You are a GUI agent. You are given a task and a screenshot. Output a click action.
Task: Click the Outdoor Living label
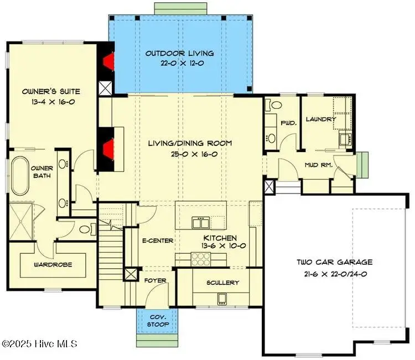tap(180, 54)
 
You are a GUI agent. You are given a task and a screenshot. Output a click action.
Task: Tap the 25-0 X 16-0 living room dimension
tap(194, 154)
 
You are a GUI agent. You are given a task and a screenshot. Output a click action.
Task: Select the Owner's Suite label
tap(51, 92)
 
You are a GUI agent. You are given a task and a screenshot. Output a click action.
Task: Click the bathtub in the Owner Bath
tap(20, 176)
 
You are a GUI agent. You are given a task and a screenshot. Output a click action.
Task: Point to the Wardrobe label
tap(53, 264)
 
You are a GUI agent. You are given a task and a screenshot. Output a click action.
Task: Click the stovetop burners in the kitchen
tap(201, 259)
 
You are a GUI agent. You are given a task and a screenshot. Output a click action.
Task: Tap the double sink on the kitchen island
tap(201, 223)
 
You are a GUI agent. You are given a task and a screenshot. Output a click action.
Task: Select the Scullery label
tap(222, 283)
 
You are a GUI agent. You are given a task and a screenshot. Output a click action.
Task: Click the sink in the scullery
tap(222, 299)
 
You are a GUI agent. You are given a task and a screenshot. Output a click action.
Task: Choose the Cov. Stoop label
tap(158, 321)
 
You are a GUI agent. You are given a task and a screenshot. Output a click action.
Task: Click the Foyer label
tap(155, 280)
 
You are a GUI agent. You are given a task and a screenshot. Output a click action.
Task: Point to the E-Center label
tap(158, 241)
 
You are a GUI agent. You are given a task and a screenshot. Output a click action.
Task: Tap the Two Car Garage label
tap(335, 262)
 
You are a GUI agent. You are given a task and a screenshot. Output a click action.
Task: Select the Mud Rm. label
tap(318, 165)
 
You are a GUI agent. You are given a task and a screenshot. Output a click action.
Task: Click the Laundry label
tap(321, 119)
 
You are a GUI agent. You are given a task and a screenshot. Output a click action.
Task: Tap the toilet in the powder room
tap(274, 105)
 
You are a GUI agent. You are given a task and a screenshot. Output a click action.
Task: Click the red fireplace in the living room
tap(108, 150)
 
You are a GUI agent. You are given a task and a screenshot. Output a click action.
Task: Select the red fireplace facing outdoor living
tap(108, 61)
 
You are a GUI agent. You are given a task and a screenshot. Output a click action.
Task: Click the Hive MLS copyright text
tap(39, 343)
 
